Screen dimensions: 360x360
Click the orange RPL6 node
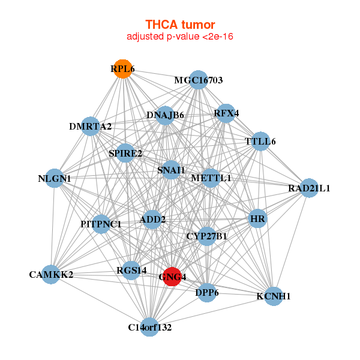pos(123,68)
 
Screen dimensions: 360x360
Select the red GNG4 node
pos(172,277)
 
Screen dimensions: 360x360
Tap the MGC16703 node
pos(199,80)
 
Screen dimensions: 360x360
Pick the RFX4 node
pos(226,113)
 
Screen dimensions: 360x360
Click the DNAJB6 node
pos(165,115)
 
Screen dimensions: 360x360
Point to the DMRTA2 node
pos(91,126)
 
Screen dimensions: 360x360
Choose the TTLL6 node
pos(260,141)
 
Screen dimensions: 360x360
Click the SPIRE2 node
pos(125,153)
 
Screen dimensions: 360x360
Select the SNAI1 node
pos(171,170)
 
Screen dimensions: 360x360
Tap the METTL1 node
pos(211,178)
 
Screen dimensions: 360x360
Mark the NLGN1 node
pos(55,178)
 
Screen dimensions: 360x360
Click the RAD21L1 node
pos(309,188)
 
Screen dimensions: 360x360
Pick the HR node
pos(257,218)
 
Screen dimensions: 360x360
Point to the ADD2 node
pos(152,220)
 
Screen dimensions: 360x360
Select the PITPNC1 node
pos(101,224)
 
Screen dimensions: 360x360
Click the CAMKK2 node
pos(51,274)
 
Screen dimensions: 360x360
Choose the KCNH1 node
pos(274,296)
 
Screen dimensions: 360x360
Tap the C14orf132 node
pos(149,327)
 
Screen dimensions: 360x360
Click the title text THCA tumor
pos(180,25)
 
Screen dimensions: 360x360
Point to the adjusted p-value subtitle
pos(180,37)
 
